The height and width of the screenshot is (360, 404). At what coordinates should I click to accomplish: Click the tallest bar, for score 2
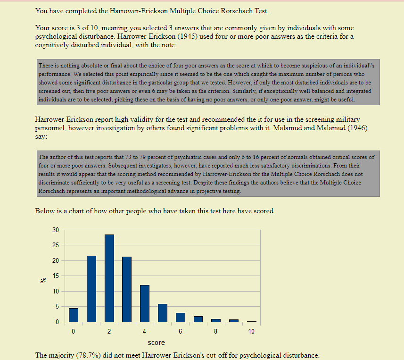(109, 278)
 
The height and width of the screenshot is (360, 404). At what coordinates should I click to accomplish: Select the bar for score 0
(74, 315)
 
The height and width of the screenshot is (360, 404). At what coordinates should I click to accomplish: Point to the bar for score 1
(91, 289)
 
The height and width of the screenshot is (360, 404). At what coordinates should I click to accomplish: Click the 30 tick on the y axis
(56, 230)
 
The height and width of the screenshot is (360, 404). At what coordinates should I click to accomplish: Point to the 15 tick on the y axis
(56, 276)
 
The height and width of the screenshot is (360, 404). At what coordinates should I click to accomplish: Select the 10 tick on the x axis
(251, 332)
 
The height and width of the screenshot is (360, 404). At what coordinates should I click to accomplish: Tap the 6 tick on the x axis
(180, 332)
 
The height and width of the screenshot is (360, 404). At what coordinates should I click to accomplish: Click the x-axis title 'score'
(156, 343)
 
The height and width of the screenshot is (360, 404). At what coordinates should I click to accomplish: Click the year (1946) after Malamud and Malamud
(351, 128)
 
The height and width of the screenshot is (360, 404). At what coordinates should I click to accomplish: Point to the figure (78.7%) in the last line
(89, 355)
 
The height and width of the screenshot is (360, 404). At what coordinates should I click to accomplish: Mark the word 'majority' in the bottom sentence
(62, 355)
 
